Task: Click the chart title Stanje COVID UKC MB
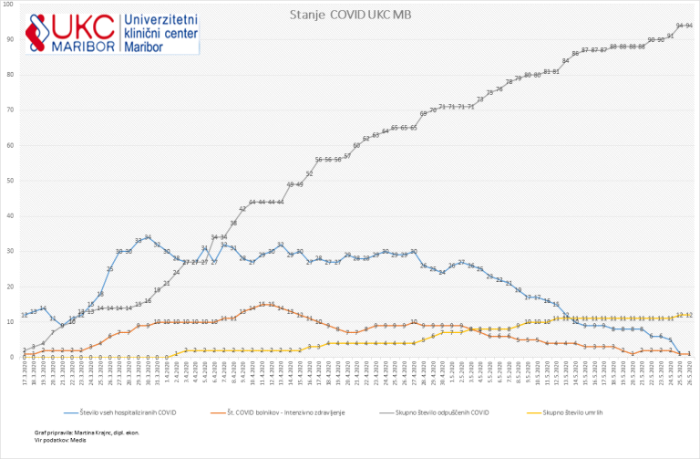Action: click(x=350, y=15)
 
